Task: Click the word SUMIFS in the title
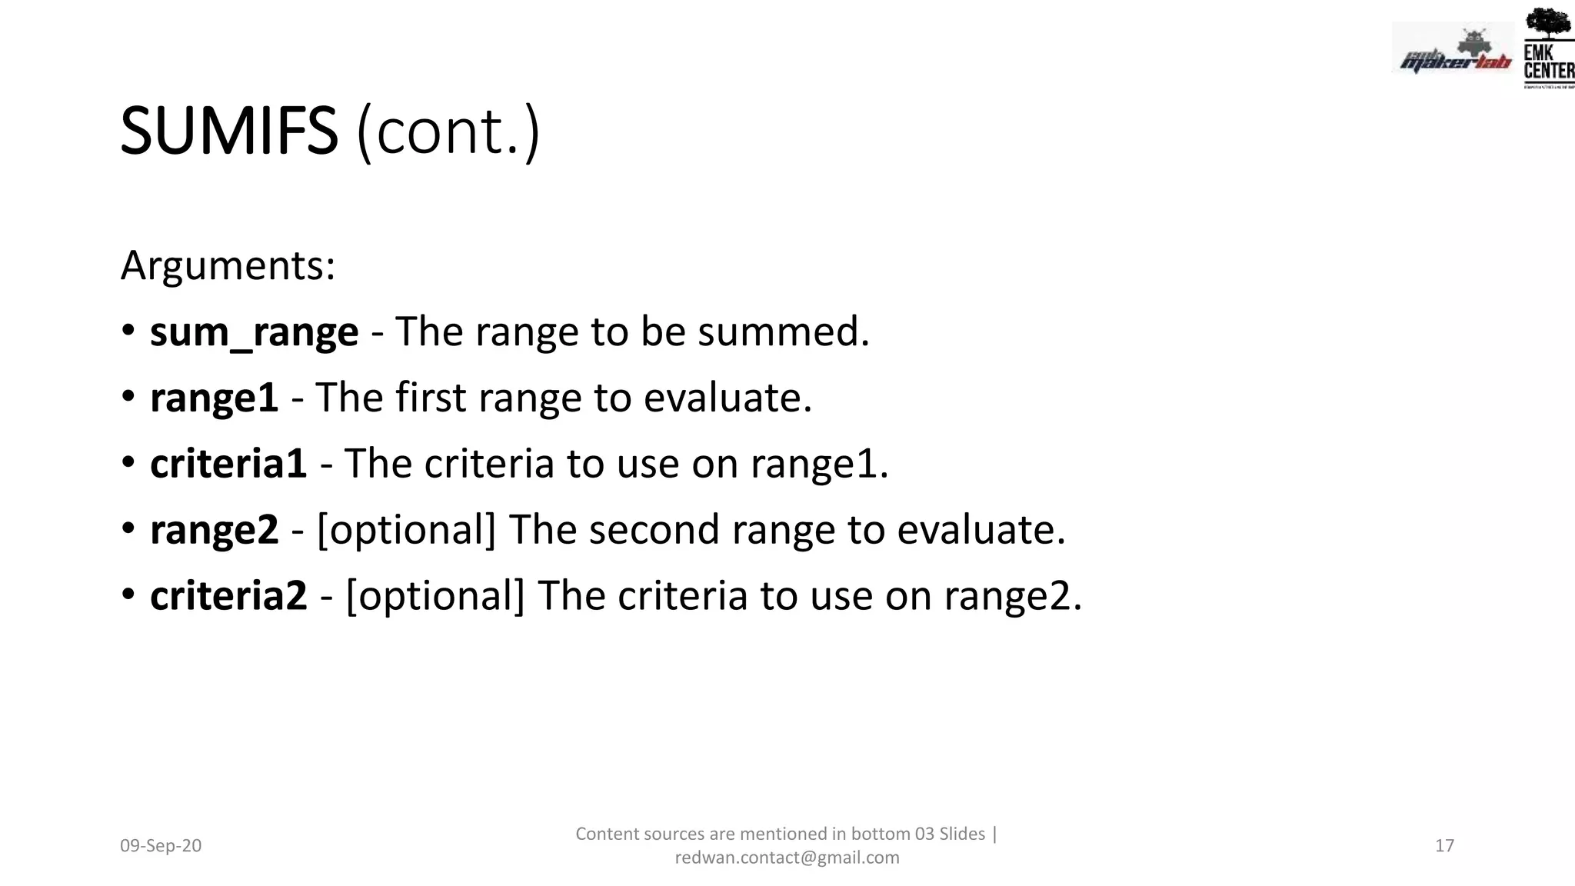point(228,132)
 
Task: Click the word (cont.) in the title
point(448,132)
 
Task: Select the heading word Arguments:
point(228,266)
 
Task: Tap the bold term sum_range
point(254,332)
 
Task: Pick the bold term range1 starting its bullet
point(214,398)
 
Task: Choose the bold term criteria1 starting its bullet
point(228,464)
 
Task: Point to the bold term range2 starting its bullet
point(214,530)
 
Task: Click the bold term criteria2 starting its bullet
point(228,596)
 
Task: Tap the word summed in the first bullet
point(783,332)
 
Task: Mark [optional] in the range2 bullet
point(406,530)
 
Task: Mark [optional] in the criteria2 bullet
point(435,596)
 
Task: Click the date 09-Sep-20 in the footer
point(161,846)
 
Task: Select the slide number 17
point(1444,846)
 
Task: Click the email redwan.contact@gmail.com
point(787,858)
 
